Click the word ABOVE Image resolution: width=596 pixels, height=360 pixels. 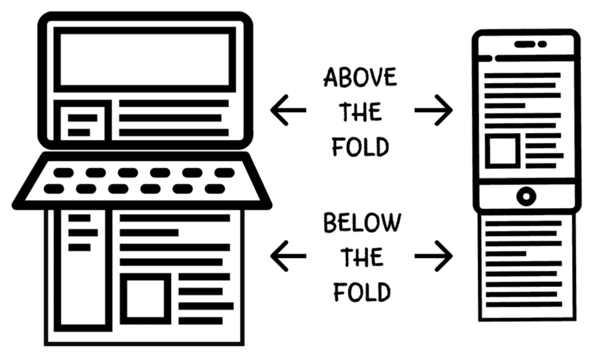click(360, 78)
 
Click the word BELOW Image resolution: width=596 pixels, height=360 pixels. click(362, 223)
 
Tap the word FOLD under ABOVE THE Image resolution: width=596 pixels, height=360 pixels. click(360, 147)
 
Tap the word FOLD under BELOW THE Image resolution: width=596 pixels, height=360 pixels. click(361, 291)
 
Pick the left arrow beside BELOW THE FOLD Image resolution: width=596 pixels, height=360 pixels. click(288, 256)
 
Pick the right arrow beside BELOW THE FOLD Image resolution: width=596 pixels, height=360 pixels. click(434, 256)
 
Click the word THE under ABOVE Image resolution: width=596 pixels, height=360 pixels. click(360, 113)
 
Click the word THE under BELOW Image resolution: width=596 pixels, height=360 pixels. click(361, 258)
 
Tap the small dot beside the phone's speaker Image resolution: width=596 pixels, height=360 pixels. click(542, 44)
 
